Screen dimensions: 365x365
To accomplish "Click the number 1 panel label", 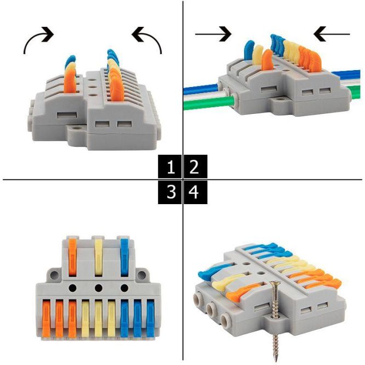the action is (171, 167).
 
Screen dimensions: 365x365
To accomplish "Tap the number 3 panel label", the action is (171, 193).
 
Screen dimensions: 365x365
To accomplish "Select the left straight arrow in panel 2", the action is (213, 34).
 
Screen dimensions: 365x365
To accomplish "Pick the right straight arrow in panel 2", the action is (332, 34).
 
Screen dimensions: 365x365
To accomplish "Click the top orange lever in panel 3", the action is (73, 257).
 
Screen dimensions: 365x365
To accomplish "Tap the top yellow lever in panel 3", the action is (99, 257).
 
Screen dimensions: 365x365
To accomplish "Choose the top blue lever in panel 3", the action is (125, 257).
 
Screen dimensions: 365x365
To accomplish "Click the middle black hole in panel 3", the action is (99, 288).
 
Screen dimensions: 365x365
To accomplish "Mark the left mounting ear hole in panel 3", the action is (54, 275).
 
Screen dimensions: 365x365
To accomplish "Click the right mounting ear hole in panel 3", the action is (141, 275).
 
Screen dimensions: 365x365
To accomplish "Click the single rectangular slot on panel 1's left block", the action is (67, 115).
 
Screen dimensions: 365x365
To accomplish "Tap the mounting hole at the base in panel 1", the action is (76, 128).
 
